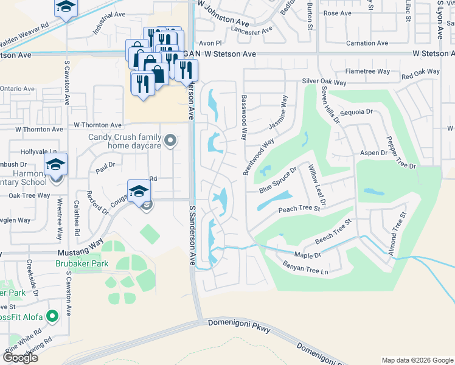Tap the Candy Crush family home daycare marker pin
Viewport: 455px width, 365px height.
pos(171,141)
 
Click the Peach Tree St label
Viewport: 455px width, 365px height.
pos(299,209)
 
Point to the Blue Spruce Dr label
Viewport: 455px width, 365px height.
pos(277,181)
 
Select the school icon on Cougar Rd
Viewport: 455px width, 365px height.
pos(139,190)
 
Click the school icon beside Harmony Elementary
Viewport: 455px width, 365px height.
pos(55,163)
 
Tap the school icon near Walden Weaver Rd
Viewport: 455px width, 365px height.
pos(65,7)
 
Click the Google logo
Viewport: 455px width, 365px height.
pos(19,357)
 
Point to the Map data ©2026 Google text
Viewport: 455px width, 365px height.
pos(417,360)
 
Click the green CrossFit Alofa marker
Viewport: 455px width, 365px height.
pos(52,316)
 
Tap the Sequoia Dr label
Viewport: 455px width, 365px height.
pos(356,112)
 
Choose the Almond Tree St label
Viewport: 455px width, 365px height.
pos(396,234)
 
